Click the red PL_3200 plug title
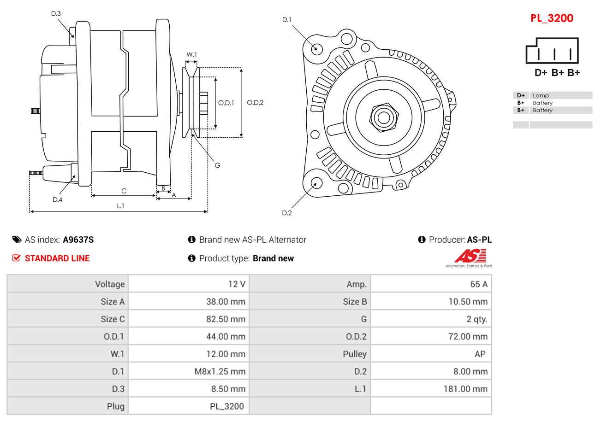point(551,18)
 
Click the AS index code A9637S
point(78,240)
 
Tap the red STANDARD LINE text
point(57,258)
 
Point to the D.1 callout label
point(287,20)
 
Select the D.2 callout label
point(287,213)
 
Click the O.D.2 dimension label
point(255,103)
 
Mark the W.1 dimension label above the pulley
point(191,54)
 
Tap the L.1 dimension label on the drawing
point(120,206)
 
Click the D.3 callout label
point(56,13)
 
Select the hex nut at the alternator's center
point(383,117)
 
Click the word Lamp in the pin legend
point(541,95)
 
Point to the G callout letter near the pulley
point(217,165)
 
